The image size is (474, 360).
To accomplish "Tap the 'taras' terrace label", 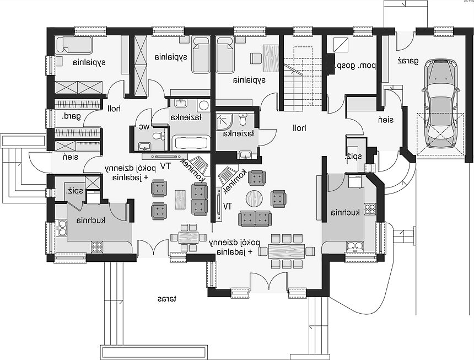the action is tap(166, 299).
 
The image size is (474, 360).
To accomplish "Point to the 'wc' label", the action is tap(144, 127).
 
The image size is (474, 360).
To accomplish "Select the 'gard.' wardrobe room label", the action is tap(72, 116).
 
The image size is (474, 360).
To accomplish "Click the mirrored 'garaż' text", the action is tap(408, 61).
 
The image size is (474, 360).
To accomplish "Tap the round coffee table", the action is tap(254, 198).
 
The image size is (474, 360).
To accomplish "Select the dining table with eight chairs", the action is tap(286, 251).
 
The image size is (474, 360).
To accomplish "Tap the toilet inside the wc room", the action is tap(158, 136).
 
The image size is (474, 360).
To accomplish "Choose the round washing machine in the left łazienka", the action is tap(204, 105).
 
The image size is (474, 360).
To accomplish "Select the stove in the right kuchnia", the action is tap(370, 209).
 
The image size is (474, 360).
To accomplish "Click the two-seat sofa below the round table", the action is tap(255, 218).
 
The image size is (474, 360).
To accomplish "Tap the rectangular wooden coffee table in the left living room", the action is tap(180, 200).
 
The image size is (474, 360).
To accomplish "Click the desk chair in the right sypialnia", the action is tap(256, 58).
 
